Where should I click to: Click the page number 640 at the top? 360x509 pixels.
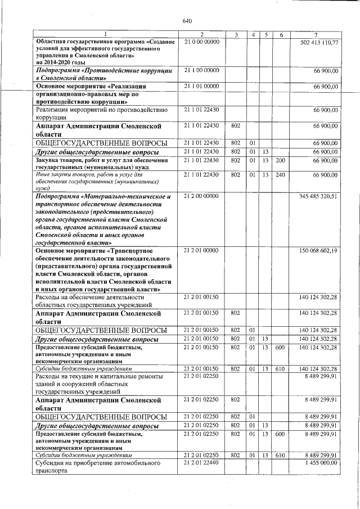click(x=187, y=21)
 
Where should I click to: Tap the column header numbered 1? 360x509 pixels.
click(x=105, y=35)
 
